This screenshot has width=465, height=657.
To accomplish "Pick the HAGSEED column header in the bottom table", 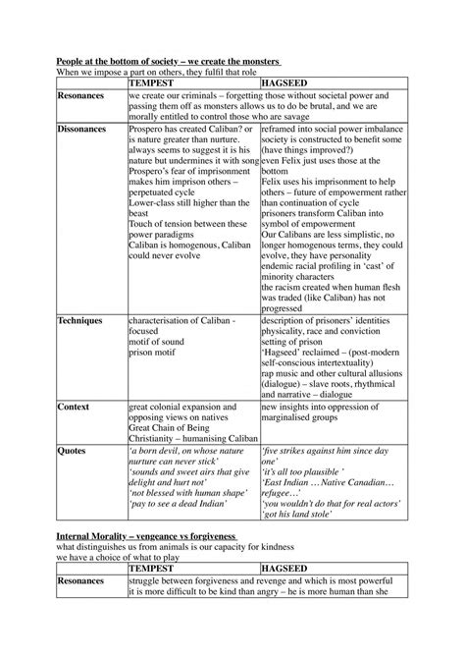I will click(290, 568).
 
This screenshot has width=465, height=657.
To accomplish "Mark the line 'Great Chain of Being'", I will click(173, 427).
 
